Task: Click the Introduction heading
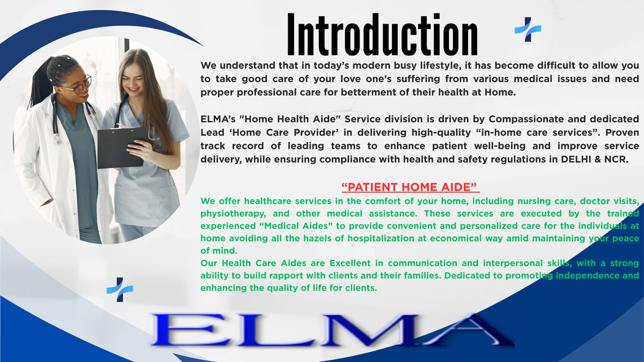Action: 382,35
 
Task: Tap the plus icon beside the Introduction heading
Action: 528,29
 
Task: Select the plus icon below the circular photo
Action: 120,290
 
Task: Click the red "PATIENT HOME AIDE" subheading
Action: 410,187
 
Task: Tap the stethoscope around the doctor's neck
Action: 55,115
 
